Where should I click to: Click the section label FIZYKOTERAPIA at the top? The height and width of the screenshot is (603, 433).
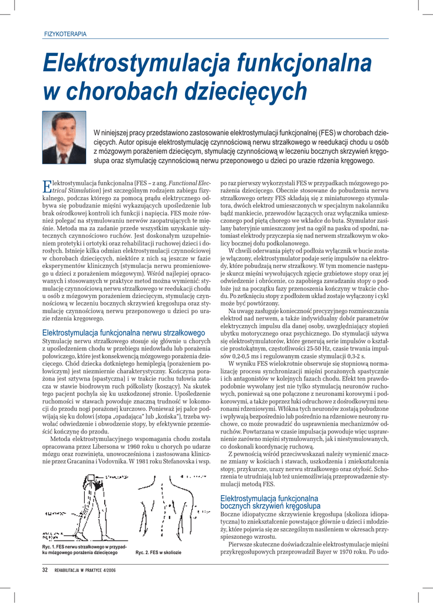(65, 34)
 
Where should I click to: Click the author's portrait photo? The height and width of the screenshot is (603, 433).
(64, 137)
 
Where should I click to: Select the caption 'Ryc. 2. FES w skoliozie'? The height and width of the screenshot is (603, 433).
(158, 552)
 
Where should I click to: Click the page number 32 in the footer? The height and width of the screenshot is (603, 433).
(45, 570)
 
